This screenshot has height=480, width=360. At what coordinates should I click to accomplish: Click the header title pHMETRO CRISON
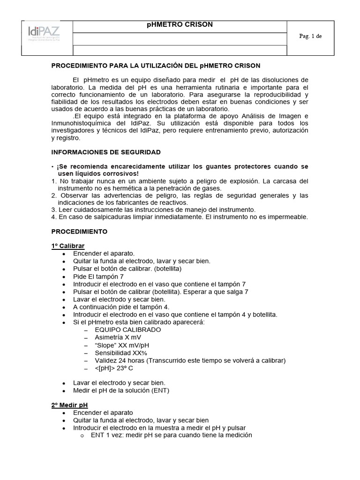pyautogui.click(x=180, y=25)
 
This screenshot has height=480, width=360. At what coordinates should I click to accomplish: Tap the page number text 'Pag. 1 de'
pyautogui.click(x=310, y=36)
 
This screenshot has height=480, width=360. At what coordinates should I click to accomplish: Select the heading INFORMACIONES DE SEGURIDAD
pyautogui.click(x=105, y=152)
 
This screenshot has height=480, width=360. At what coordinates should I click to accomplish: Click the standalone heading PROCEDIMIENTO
pyautogui.click(x=79, y=232)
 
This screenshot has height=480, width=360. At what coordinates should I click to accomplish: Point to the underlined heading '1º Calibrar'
pyautogui.click(x=68, y=246)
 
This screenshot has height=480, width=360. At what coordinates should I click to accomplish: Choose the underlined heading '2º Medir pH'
pyautogui.click(x=69, y=405)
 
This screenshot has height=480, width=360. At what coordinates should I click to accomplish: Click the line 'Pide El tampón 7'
pyautogui.click(x=98, y=277)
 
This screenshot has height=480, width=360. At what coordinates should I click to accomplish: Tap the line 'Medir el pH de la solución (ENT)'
pyautogui.click(x=121, y=390)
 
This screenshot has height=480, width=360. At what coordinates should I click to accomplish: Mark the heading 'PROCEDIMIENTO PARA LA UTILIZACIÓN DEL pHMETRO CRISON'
pyautogui.click(x=155, y=66)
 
